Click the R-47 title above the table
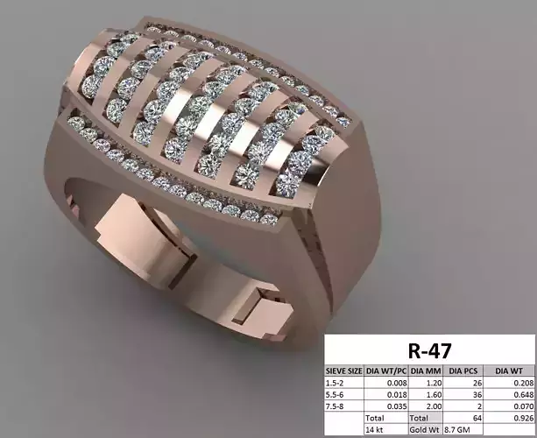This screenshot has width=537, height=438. pos(430,350)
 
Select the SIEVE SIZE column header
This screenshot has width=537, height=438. pos(343,371)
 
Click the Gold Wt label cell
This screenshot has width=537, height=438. pos(425,429)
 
